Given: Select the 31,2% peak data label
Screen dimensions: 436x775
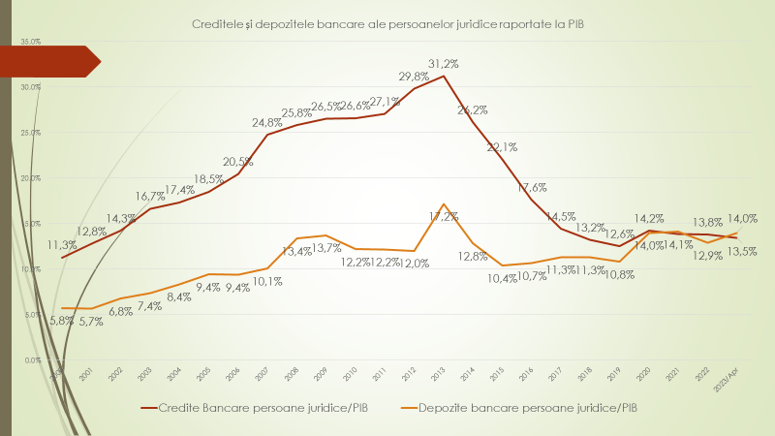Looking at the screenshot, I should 443,63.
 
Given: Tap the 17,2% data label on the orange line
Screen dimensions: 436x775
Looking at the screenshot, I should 443,216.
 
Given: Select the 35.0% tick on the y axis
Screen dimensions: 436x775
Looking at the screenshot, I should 30,42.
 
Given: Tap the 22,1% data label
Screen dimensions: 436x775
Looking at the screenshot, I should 501,147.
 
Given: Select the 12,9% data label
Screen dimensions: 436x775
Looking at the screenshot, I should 705,255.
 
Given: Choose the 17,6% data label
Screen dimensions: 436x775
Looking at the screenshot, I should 532,187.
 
